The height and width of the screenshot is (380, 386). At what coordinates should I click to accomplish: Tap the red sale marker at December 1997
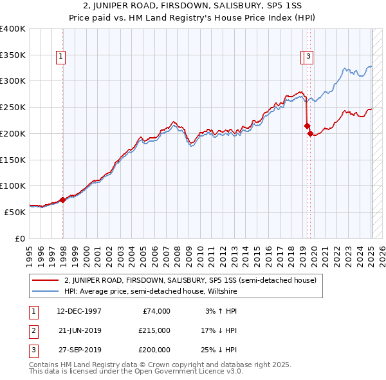[62, 200]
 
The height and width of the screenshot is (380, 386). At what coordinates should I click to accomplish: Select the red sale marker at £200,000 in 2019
[310, 134]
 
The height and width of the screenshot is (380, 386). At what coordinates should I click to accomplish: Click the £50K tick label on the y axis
[15, 212]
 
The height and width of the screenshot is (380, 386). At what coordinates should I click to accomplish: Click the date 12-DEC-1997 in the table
[79, 311]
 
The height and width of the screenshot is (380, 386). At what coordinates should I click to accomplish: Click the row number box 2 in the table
[33, 330]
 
